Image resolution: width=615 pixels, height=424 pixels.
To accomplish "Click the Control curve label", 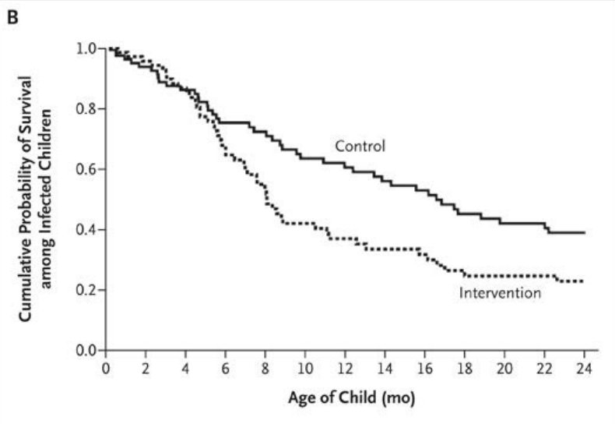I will (360, 146).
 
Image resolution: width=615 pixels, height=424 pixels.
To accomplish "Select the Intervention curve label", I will (500, 293).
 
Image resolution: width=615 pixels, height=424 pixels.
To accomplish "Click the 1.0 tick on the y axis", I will (86, 48).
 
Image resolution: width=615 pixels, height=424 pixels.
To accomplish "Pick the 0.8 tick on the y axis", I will (86, 109).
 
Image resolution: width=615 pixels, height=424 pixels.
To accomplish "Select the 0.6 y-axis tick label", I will (86, 169).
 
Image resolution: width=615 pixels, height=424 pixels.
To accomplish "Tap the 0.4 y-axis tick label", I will (86, 230).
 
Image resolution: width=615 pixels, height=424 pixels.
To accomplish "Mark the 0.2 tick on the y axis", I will (86, 290).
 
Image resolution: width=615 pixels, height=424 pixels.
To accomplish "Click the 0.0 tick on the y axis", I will (86, 350).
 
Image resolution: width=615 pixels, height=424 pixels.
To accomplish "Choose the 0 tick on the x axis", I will (106, 366).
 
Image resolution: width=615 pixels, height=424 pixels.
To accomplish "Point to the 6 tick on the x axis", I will (226, 366).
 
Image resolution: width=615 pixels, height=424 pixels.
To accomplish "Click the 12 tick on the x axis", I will (346, 366).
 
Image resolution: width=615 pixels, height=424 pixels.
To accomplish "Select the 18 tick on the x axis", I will (466, 366).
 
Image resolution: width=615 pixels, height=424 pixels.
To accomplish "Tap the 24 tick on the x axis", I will (585, 366).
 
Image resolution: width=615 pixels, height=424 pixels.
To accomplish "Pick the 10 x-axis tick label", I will (306, 366).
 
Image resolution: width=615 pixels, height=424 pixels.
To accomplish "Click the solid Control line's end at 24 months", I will (584, 232).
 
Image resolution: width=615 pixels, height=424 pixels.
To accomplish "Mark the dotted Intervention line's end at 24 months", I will (583, 281).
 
